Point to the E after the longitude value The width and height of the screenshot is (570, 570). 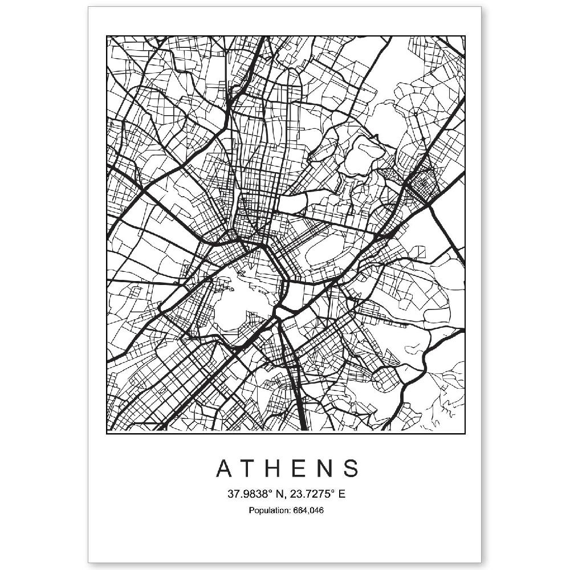(341, 494)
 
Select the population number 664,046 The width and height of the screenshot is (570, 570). (308, 510)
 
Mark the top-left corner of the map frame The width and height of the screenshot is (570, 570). (107, 36)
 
